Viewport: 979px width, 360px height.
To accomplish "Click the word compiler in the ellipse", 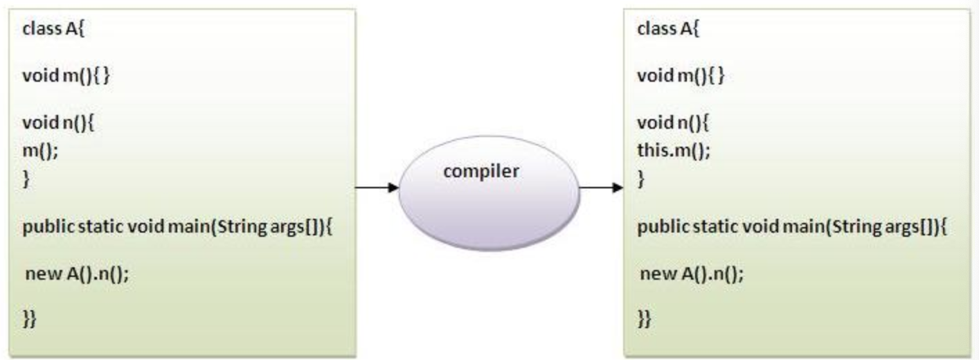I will click(480, 172).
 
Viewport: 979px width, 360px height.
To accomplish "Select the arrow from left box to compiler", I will click(377, 188).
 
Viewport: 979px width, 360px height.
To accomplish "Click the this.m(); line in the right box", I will click(674, 152).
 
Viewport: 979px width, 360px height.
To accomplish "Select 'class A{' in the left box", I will click(53, 30).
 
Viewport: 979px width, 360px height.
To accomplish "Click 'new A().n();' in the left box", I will click(77, 273).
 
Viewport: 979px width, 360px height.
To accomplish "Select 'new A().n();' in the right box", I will click(692, 273).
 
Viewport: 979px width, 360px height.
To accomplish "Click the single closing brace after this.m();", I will click(641, 180).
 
